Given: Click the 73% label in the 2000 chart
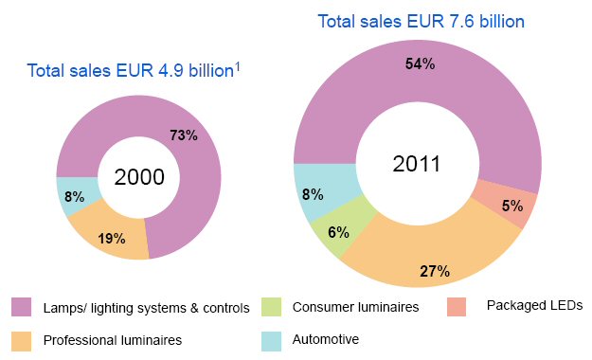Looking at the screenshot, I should click(x=184, y=135).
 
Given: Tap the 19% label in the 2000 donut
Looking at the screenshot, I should click(x=112, y=239).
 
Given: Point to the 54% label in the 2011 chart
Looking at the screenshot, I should click(x=420, y=63).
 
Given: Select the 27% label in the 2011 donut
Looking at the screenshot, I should click(x=434, y=272).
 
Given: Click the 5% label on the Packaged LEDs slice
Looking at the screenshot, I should click(x=511, y=206).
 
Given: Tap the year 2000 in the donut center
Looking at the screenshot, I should click(x=139, y=177).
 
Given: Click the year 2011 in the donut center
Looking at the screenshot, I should click(x=417, y=163).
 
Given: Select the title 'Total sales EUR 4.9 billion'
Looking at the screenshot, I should click(x=131, y=70).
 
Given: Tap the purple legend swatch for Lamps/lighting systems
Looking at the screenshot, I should click(x=22, y=307).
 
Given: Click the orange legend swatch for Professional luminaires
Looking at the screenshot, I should click(x=22, y=338).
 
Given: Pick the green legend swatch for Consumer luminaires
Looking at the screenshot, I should click(x=273, y=307).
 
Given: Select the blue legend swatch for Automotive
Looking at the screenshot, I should click(x=273, y=338).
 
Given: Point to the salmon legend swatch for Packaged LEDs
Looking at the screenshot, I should click(x=458, y=307).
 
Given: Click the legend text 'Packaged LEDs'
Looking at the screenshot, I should click(x=534, y=305).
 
